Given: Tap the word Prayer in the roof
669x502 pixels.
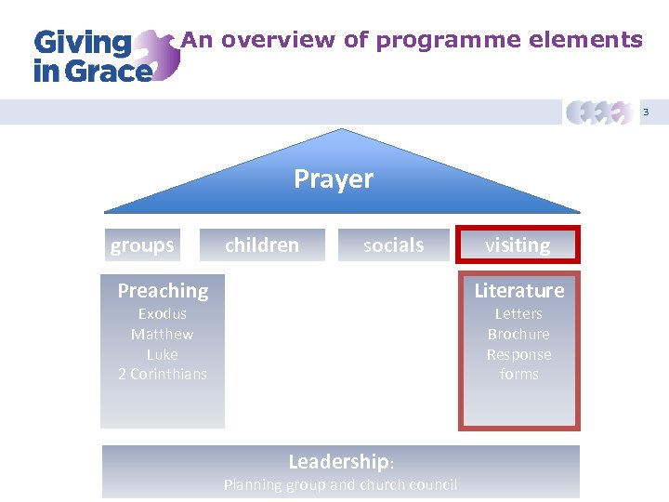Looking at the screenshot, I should [334, 178].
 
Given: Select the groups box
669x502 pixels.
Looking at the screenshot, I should [142, 245].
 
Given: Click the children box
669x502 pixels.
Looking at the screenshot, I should [263, 245].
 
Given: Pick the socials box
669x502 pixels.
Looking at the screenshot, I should [393, 245].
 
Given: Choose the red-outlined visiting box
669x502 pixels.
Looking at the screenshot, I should [518, 245].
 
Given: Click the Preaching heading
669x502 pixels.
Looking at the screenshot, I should [163, 291].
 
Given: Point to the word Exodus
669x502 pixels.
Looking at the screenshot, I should [163, 314].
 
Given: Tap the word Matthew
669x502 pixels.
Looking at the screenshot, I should [163, 335].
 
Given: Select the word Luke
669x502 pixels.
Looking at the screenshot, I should [163, 354].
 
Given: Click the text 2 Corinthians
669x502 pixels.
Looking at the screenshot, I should [163, 374].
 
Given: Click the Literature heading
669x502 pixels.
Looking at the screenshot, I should [518, 291].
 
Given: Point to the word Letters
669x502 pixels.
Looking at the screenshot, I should [518, 314].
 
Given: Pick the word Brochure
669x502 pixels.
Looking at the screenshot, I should [518, 335].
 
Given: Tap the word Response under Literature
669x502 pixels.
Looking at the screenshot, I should [518, 354].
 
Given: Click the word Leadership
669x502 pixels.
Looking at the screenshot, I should [338, 462].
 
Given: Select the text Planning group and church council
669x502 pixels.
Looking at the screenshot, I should [340, 484].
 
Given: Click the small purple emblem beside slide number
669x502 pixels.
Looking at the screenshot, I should [600, 112].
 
